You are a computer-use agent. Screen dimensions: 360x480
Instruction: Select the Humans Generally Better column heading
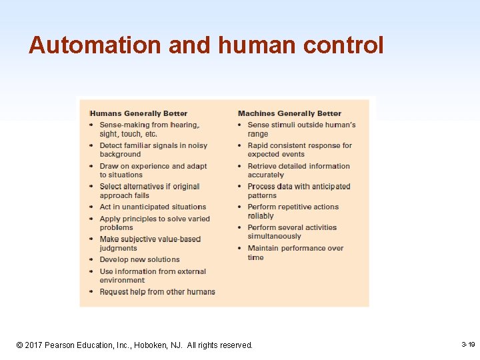pyautogui.click(x=139, y=113)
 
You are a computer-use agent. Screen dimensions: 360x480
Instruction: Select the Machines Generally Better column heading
pyautogui.click(x=289, y=113)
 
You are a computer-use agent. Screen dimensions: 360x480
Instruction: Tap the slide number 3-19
pyautogui.click(x=468, y=345)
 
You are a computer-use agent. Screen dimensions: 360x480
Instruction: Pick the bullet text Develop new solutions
pyautogui.click(x=139, y=259)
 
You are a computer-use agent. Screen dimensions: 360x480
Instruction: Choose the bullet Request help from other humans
pyautogui.click(x=157, y=291)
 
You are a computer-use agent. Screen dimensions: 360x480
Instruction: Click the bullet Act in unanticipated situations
pyautogui.click(x=153, y=207)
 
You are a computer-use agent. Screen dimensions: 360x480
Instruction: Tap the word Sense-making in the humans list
pyautogui.click(x=124, y=125)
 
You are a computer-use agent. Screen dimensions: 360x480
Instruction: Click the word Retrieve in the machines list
pyautogui.click(x=263, y=166)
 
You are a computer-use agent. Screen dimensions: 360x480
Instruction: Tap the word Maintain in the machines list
pyautogui.click(x=264, y=248)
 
